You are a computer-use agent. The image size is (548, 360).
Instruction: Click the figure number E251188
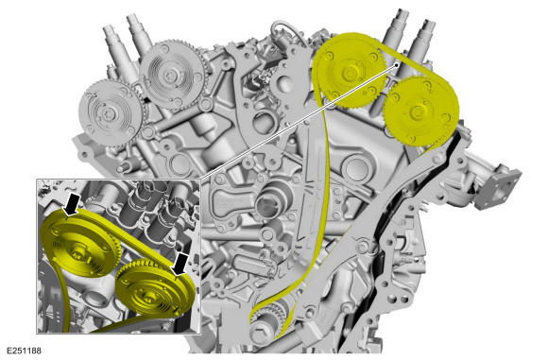(x=25, y=351)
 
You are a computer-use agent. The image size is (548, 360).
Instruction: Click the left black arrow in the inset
(x=72, y=205)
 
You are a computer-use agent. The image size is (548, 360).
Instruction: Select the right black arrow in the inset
(x=180, y=264)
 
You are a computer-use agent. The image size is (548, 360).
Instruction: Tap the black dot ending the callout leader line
(x=397, y=64)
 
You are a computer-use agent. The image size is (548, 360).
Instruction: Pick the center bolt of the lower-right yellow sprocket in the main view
(x=416, y=112)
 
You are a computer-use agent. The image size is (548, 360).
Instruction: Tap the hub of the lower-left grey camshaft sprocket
(x=108, y=112)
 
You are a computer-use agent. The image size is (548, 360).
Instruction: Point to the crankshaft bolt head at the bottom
(x=260, y=334)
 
